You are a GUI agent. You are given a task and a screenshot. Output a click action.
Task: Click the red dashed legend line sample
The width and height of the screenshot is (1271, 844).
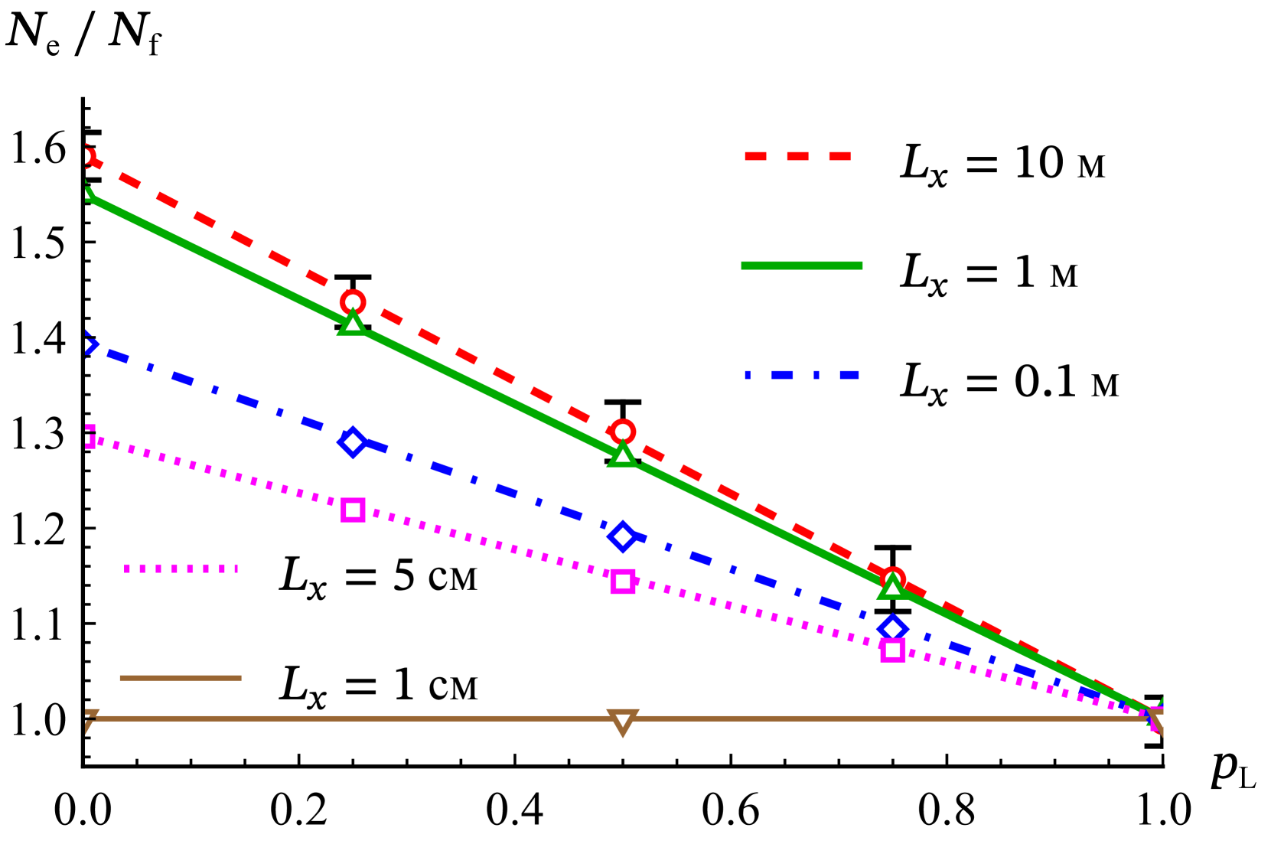point(797,156)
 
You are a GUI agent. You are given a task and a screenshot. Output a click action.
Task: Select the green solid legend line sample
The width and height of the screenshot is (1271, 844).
point(801,266)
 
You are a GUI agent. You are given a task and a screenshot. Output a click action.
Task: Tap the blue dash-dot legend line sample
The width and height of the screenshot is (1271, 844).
point(801,375)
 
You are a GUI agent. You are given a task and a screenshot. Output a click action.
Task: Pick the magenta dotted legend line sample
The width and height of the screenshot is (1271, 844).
point(181,569)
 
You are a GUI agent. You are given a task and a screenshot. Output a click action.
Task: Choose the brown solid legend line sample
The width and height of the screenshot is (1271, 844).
point(181,678)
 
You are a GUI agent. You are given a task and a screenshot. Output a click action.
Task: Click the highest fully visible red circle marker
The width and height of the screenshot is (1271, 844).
point(353,302)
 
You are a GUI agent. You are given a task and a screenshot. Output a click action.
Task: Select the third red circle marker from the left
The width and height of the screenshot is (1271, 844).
point(623,432)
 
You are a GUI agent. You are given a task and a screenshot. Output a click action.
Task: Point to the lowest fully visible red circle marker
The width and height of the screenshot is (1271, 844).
point(892,579)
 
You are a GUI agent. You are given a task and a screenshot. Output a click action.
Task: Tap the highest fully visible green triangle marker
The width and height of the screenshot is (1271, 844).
point(353,324)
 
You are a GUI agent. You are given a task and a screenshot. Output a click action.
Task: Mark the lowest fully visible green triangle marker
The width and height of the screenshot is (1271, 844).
point(892,588)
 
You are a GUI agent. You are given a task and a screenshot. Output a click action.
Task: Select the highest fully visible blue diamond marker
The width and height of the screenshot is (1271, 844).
point(353,442)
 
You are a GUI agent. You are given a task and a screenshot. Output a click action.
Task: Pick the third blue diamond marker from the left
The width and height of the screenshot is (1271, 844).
point(623,536)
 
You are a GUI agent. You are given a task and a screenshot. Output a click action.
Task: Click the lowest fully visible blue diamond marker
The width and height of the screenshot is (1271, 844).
point(892,629)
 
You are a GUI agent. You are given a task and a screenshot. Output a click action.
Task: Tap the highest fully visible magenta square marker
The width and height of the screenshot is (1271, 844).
point(353,510)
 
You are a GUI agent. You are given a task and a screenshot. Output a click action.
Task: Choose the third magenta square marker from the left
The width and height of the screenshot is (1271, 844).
point(623,582)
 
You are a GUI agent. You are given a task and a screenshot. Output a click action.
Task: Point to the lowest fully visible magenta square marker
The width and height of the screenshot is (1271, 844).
point(892,650)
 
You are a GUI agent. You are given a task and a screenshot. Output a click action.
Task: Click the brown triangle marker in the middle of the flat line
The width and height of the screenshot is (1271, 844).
point(623,721)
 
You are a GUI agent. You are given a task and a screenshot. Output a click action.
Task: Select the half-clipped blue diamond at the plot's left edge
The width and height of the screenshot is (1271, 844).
point(89,344)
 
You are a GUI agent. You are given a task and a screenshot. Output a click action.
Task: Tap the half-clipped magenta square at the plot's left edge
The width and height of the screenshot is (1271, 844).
point(90,437)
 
